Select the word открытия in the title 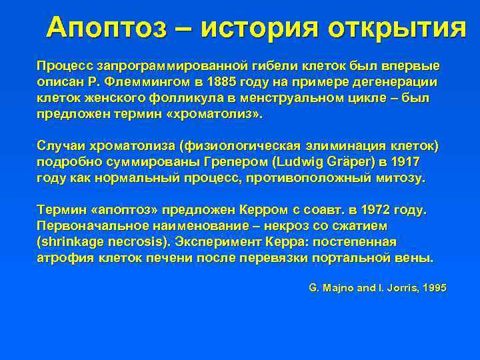[x=398, y=27]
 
